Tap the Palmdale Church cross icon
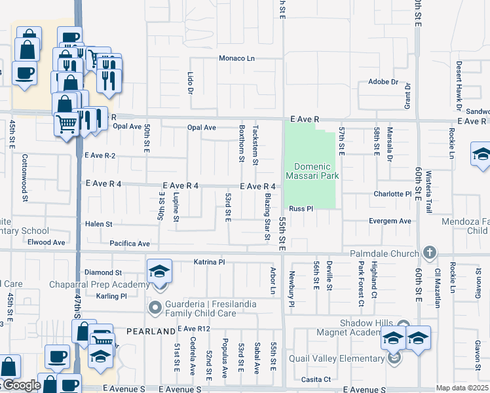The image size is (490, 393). click(x=429, y=253)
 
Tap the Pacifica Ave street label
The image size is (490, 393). click(x=130, y=244)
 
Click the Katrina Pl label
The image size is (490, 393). click(x=209, y=262)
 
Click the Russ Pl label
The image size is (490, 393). click(x=302, y=208)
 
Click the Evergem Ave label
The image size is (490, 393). click(x=390, y=221)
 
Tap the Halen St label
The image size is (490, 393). click(x=99, y=224)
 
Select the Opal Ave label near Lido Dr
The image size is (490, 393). click(x=201, y=128)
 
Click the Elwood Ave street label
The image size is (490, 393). click(x=49, y=242)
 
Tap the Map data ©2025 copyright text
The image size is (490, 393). click(x=462, y=388)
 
